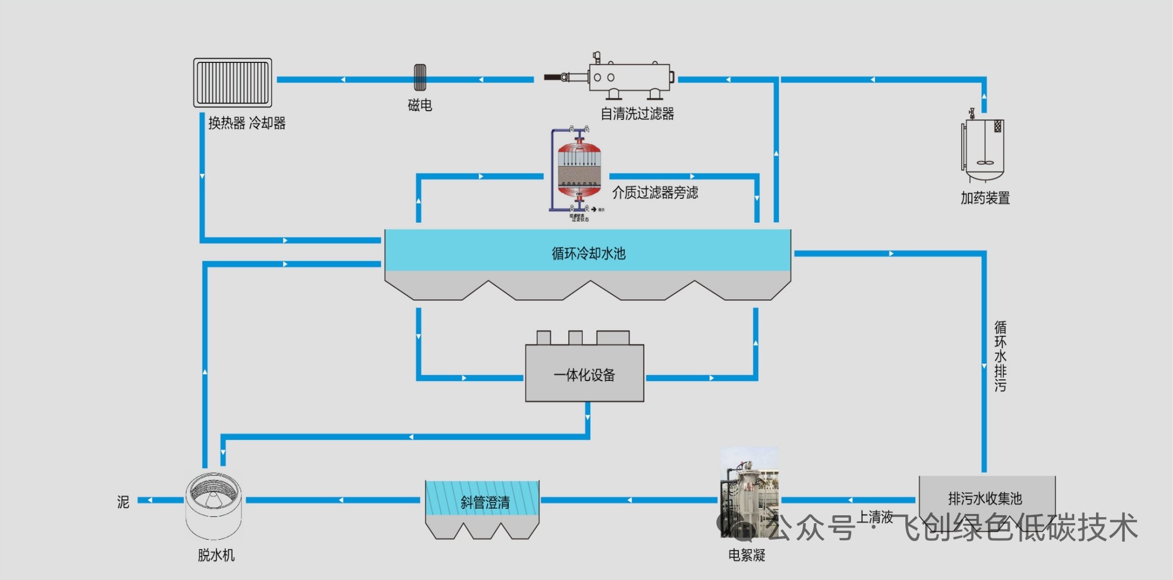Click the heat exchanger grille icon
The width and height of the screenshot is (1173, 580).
tap(232, 82)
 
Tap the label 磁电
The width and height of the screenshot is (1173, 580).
tap(420, 105)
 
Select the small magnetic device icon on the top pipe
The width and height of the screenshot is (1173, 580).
tap(420, 78)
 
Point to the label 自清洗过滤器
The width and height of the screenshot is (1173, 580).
tap(637, 114)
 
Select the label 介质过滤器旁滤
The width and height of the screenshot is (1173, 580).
tap(655, 193)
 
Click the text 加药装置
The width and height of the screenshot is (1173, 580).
tap(985, 198)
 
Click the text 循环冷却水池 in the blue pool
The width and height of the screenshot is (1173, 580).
tap(588, 253)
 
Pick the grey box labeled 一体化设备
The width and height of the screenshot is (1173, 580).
tap(585, 374)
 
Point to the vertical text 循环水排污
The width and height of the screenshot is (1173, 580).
tap(1000, 356)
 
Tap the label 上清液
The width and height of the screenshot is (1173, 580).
tap(875, 517)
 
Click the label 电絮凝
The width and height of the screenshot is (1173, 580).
tap(747, 555)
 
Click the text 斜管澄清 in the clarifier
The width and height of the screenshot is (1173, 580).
tap(485, 502)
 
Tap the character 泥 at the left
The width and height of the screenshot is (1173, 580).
tap(123, 502)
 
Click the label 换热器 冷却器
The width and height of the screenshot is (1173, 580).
tap(247, 123)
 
